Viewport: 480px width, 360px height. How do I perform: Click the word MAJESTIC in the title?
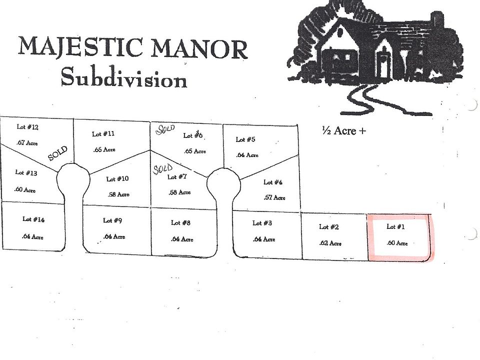(80, 46)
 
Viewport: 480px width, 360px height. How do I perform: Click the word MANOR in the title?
(199, 49)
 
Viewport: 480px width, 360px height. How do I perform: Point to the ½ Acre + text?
(344, 130)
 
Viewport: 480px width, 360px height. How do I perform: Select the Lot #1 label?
(395, 226)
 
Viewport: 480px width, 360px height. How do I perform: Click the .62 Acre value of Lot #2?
(330, 243)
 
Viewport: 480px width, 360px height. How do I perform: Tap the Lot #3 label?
(262, 223)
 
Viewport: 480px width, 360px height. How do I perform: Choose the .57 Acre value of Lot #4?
(274, 197)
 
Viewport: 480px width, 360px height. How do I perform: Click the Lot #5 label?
(245, 139)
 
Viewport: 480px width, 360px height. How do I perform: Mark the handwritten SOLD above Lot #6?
(165, 129)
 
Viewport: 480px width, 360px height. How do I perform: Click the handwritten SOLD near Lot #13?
(58, 153)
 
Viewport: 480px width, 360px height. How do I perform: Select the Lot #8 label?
(180, 223)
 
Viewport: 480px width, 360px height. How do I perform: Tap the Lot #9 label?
(112, 220)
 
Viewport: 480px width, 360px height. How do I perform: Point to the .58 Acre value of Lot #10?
(118, 194)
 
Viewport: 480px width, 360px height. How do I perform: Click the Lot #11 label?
(103, 134)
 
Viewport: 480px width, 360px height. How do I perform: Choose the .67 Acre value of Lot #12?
(27, 142)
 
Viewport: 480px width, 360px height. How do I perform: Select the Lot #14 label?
(33, 219)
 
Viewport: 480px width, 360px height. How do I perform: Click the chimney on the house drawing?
(437, 21)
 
